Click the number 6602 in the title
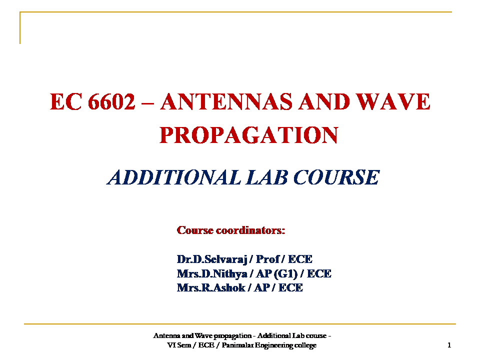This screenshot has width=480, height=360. pyautogui.click(x=111, y=102)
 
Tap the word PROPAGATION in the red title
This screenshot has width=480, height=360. pyautogui.click(x=248, y=135)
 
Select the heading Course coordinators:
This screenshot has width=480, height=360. pyautogui.click(x=231, y=230)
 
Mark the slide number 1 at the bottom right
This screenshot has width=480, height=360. pyautogui.click(x=449, y=345)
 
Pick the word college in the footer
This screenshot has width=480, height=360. pyautogui.click(x=306, y=345)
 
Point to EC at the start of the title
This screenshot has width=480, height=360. pyautogui.click(x=65, y=102)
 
